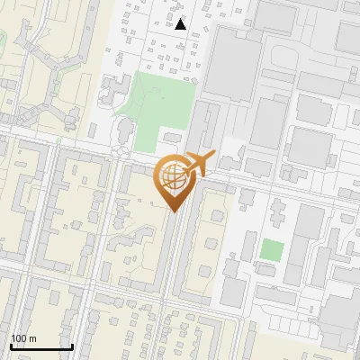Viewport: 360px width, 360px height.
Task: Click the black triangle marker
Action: point(181,24)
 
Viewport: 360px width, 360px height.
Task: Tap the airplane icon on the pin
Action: point(199,163)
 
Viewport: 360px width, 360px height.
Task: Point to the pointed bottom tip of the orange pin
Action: point(173,211)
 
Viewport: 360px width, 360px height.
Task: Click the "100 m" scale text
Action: point(23,338)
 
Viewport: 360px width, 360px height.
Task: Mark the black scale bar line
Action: point(41,346)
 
